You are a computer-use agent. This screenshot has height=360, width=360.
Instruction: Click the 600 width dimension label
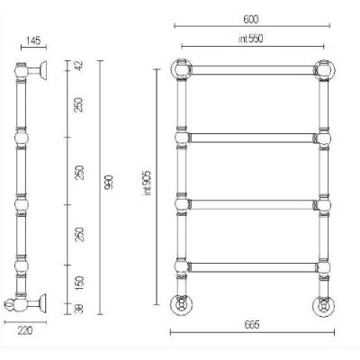pos(251,20)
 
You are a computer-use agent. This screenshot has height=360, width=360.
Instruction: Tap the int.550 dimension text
pos(250,39)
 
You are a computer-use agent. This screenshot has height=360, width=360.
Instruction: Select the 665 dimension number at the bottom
pos(252,325)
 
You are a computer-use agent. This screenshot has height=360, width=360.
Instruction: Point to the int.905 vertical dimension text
pos(148,183)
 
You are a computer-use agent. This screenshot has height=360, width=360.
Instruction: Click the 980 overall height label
pos(109,183)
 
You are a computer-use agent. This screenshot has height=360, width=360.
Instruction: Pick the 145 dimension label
pos(32,40)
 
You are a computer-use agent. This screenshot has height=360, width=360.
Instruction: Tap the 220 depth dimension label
pos(25,331)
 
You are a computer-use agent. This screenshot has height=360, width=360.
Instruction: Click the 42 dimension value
pos(79,66)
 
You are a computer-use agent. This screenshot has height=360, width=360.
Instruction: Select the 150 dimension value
pos(79,283)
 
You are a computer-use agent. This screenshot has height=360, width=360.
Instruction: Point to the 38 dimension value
pos(79,309)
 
